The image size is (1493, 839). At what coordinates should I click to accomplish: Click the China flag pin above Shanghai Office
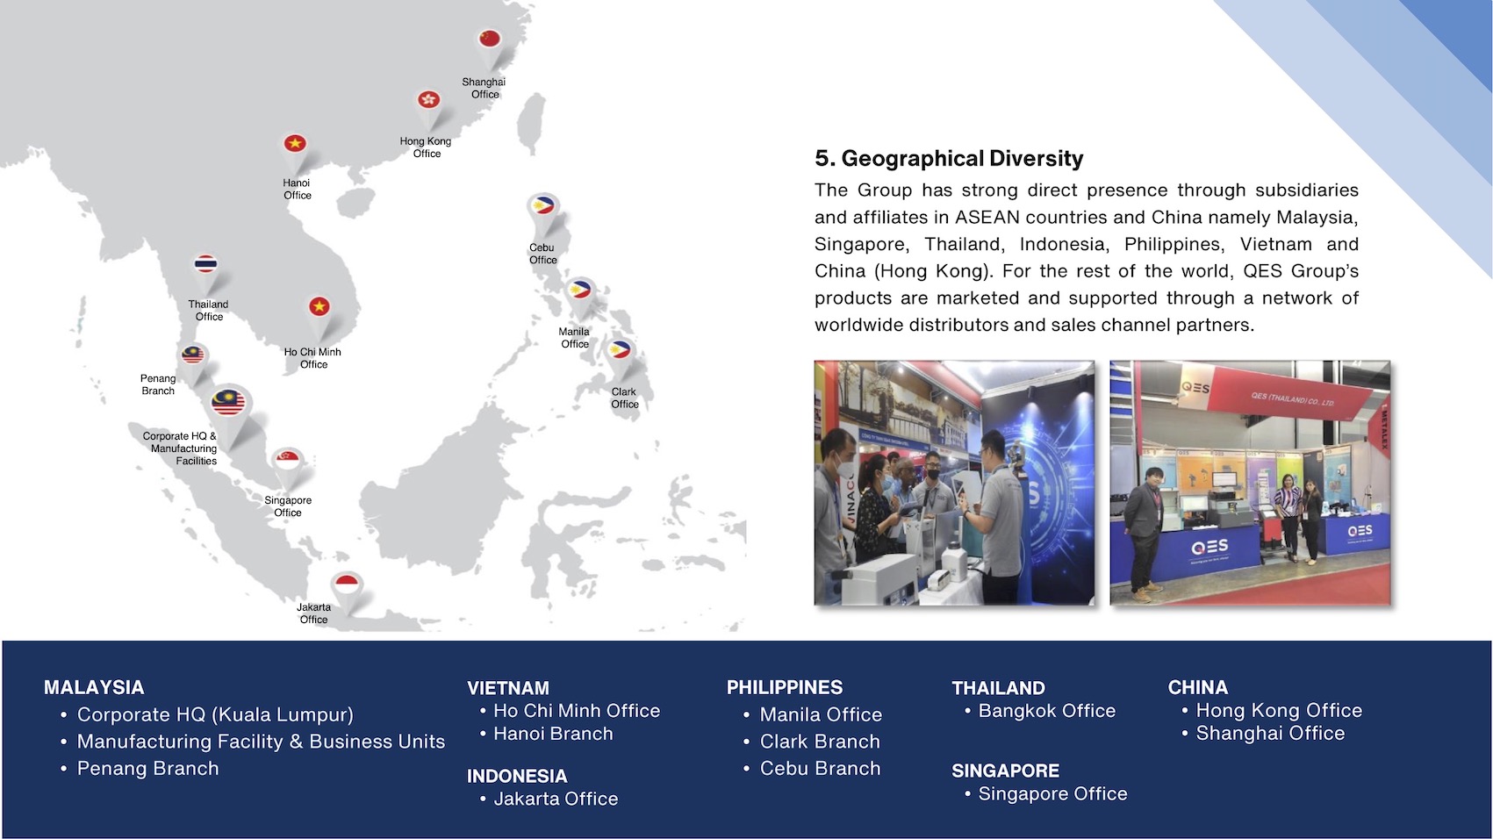click(490, 40)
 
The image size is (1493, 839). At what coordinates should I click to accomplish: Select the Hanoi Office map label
click(297, 189)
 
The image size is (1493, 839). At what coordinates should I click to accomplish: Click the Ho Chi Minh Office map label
click(312, 358)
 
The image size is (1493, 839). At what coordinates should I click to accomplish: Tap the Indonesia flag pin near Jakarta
click(348, 585)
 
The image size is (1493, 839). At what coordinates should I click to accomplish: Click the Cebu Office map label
click(542, 254)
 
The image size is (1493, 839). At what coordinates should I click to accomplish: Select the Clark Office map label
click(625, 398)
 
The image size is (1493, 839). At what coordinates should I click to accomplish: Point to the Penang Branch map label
click(158, 384)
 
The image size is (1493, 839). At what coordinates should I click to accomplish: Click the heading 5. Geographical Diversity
click(949, 159)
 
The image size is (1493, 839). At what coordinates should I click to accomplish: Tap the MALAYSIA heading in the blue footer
click(94, 687)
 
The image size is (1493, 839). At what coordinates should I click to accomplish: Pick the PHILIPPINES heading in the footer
click(785, 687)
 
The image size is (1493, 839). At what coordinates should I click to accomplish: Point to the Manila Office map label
click(574, 338)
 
